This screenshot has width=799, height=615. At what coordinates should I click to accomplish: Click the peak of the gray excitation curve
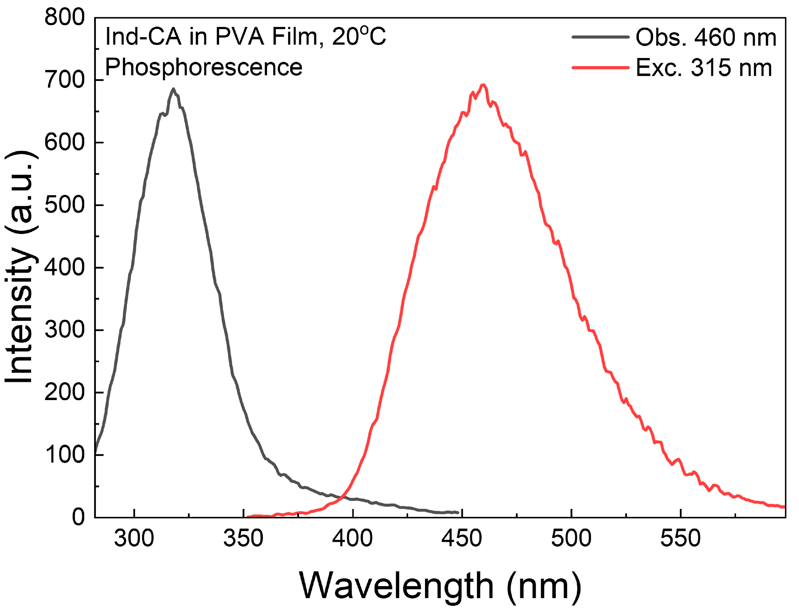(x=173, y=89)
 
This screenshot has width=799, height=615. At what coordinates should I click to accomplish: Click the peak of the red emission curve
(x=483, y=85)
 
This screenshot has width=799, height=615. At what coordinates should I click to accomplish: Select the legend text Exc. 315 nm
(x=703, y=68)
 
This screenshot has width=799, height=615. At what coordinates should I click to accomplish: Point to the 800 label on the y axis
(x=65, y=17)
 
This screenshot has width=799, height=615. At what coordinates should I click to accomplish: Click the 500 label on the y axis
(x=65, y=205)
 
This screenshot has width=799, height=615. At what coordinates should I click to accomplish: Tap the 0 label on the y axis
(x=78, y=517)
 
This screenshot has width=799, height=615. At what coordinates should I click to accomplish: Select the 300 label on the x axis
(x=134, y=538)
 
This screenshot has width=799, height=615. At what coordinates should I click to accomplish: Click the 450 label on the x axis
(x=462, y=538)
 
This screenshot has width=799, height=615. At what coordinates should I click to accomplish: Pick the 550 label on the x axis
(x=680, y=538)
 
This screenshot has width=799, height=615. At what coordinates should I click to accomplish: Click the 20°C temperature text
(x=359, y=37)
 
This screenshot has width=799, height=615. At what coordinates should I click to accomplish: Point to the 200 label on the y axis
(x=65, y=392)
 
